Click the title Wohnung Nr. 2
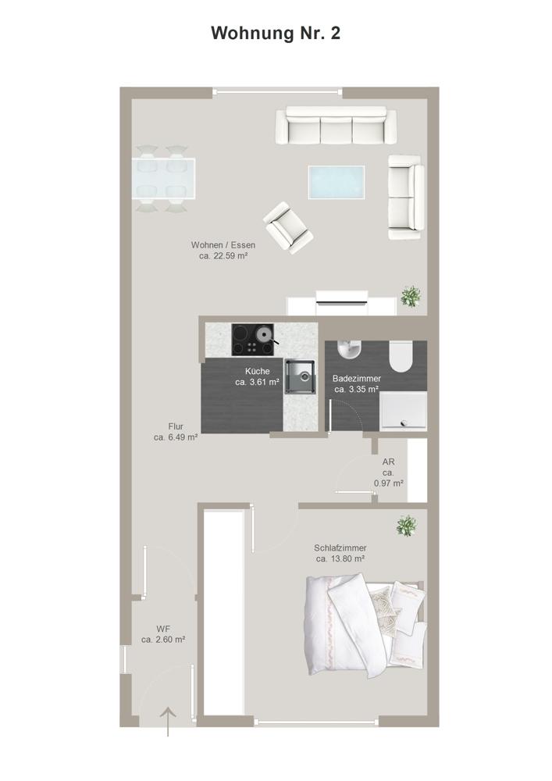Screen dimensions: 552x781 tap(276, 34)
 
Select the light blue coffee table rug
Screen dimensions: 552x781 tap(336, 182)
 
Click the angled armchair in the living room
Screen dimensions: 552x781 tap(288, 227)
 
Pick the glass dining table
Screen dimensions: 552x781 tap(163, 178)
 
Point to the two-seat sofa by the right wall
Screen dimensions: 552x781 tap(406, 198)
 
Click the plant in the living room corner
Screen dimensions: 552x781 tap(411, 296)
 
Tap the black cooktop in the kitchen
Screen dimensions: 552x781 tap(253, 340)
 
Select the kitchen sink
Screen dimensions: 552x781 tap(300, 376)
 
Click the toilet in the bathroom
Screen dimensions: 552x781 tap(401, 357)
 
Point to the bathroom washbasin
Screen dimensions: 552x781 tap(350, 350)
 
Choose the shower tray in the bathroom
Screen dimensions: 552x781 tap(403, 412)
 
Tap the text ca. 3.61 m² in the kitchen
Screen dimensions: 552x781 tap(257, 383)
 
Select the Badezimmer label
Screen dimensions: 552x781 tap(356, 379)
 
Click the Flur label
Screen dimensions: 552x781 tap(176, 426)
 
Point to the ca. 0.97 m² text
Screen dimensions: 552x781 tap(388, 483)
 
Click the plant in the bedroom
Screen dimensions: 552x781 tap(407, 526)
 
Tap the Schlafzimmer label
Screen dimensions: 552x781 tap(340, 548)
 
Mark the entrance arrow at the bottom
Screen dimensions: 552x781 tap(168, 721)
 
